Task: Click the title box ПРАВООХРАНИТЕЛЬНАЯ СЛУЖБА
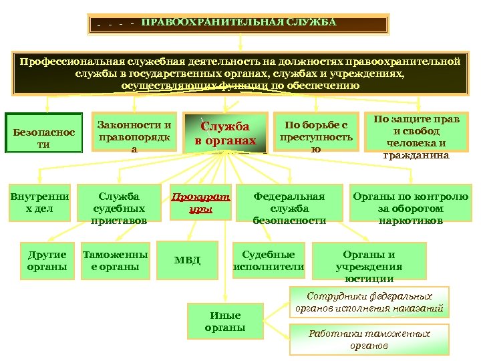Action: click(238, 24)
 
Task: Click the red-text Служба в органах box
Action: click(225, 134)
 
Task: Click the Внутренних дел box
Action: click(39, 203)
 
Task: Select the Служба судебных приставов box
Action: click(118, 208)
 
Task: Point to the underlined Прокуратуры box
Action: click(201, 203)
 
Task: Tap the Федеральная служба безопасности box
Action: click(289, 208)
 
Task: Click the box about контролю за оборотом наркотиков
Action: click(410, 208)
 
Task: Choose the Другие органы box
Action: click(47, 261)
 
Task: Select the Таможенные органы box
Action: click(115, 261)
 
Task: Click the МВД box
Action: click(187, 259)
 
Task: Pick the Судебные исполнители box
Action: click(269, 261)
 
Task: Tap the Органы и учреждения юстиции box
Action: click(378, 265)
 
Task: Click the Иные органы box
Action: click(225, 322)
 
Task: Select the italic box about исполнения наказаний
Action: click(369, 303)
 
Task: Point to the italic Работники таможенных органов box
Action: click(369, 340)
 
